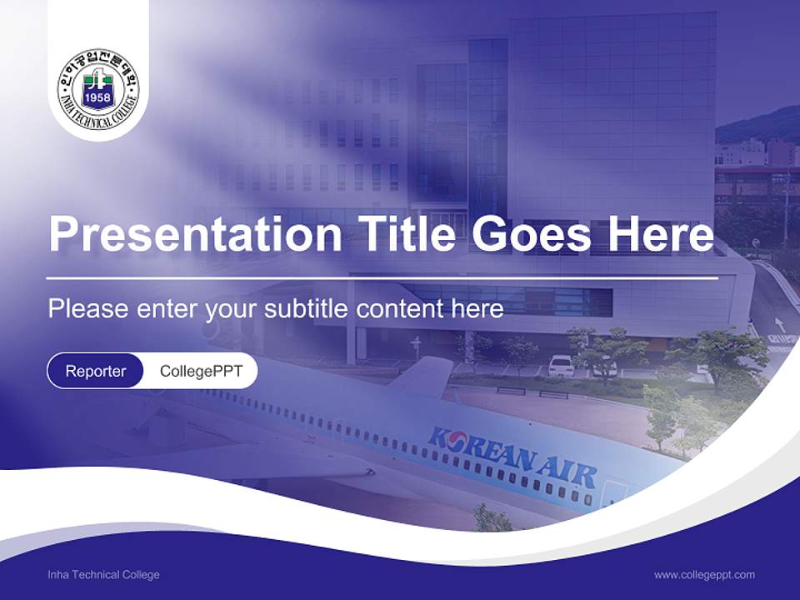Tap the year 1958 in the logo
[x=98, y=107]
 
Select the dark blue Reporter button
[x=95, y=371]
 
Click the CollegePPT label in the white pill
[x=201, y=371]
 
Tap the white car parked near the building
[x=561, y=365]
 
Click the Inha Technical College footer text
[x=103, y=574]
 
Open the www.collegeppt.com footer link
[x=704, y=574]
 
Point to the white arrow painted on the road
[x=779, y=325]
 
